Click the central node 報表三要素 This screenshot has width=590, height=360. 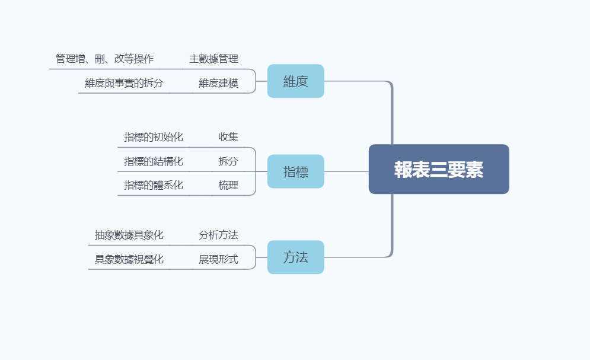439,169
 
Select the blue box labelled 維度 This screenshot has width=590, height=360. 296,81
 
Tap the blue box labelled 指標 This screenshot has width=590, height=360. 296,171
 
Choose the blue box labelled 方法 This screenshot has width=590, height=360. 296,257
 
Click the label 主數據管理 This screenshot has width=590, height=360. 213,59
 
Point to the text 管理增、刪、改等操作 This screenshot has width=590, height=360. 104,59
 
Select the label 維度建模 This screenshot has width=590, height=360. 219,83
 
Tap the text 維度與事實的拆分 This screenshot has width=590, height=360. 124,83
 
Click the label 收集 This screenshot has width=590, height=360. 228,137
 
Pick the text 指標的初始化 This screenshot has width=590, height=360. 154,137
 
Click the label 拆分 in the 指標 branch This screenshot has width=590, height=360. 228,161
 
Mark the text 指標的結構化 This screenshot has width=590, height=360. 154,161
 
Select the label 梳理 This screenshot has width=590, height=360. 228,185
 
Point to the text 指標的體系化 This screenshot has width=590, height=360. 154,185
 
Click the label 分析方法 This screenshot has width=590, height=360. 219,235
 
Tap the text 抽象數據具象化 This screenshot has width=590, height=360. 129,235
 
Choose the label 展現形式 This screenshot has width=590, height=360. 219,259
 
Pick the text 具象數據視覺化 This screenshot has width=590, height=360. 129,259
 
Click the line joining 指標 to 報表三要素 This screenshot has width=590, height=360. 346,171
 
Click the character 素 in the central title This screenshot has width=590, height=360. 474,169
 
